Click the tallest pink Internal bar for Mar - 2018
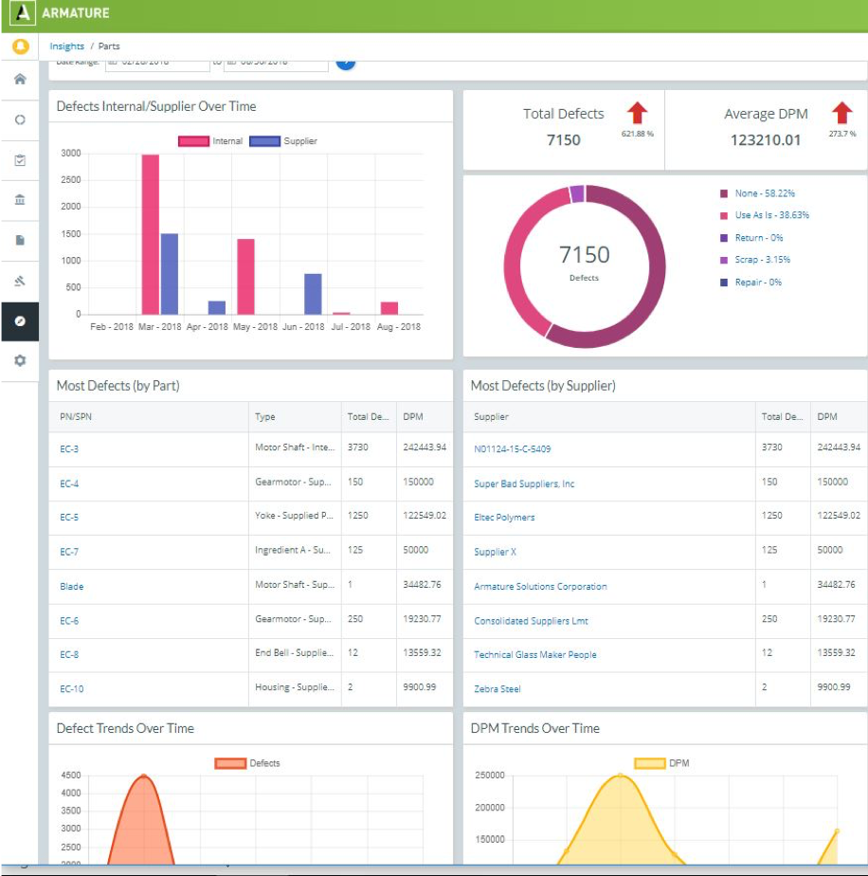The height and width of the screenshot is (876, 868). pos(150,234)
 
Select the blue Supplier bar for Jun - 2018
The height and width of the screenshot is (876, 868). pos(313,294)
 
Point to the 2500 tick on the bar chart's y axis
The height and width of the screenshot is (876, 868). pos(71,180)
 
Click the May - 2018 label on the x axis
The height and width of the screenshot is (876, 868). pos(253,327)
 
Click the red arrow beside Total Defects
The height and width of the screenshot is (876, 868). pos(637,114)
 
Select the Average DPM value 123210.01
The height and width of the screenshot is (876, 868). pos(765,140)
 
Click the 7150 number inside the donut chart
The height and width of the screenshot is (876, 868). pos(585,255)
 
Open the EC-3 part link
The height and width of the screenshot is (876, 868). pos(69,449)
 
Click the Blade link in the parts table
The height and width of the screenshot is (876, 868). pos(72,587)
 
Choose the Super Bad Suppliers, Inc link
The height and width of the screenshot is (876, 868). pos(524,484)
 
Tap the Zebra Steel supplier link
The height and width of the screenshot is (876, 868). pos(497,689)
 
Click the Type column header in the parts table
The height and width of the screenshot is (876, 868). pos(265,416)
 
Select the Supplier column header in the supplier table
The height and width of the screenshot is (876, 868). pos(491,416)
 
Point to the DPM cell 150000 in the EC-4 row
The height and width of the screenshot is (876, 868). pos(418,482)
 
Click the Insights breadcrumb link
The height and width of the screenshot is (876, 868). pos(67,46)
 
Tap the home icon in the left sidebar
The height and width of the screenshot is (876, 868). pos(20,79)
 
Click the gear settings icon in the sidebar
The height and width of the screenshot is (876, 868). pos(20,361)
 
